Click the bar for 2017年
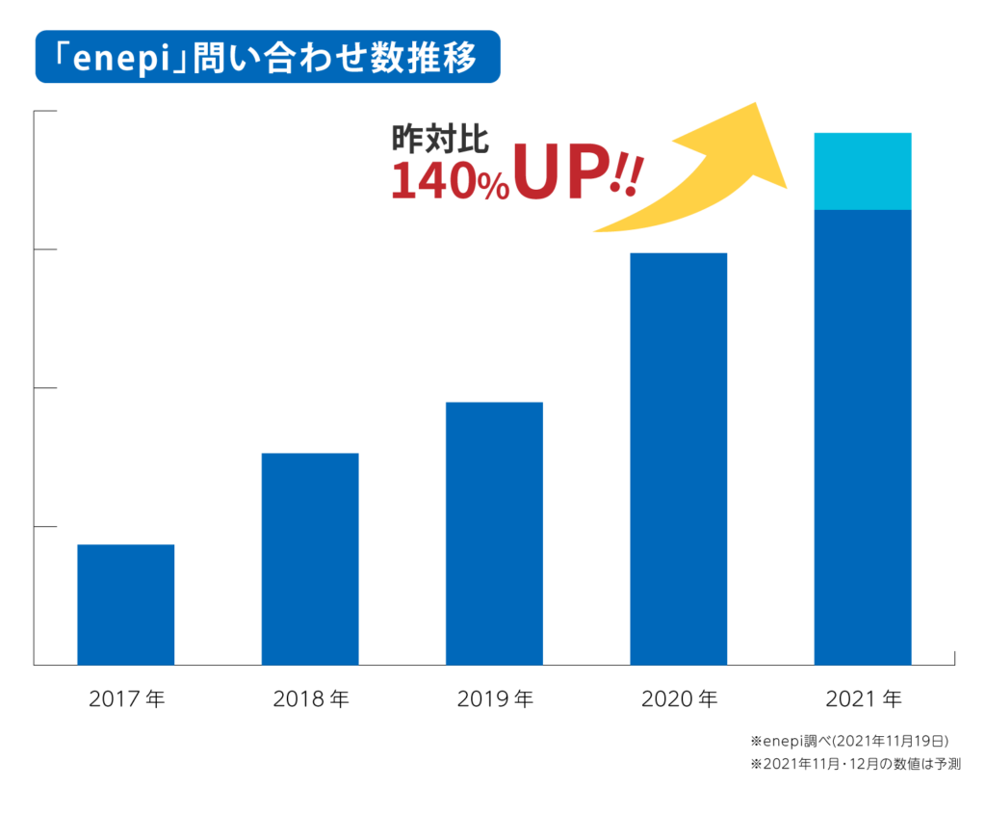125,604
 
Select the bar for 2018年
310,559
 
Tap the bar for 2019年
494,533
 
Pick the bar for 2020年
678,459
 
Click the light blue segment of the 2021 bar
863,171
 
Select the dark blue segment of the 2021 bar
863,436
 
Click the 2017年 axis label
126,698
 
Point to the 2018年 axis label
310,698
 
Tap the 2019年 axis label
494,698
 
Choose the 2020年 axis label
679,698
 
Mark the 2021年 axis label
863,698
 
